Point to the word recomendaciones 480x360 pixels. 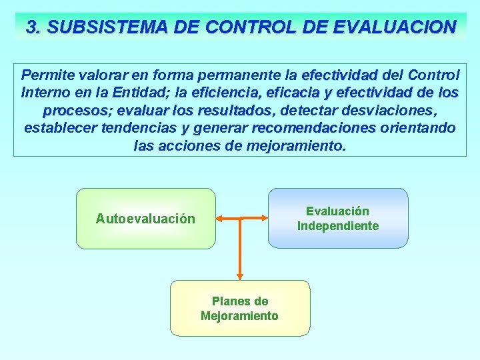click(313, 127)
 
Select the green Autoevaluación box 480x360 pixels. click(145, 219)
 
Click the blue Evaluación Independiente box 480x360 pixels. click(337, 219)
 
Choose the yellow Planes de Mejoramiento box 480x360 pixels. click(240, 308)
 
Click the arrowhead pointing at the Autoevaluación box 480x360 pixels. click(221, 219)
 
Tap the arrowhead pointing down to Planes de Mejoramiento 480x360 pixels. click(240, 275)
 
